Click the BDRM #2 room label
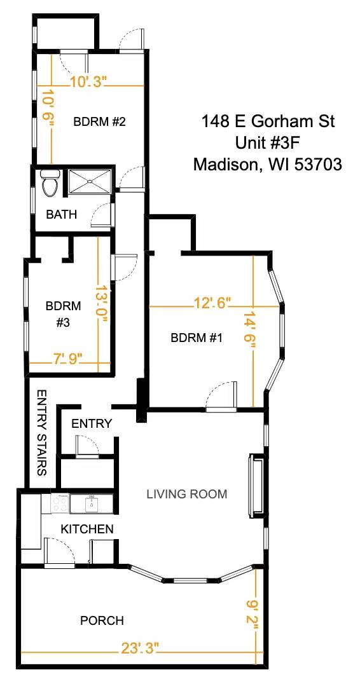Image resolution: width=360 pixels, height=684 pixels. point(98,121)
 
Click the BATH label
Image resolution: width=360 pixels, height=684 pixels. point(62,215)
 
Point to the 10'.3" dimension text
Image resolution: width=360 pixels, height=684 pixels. point(88,82)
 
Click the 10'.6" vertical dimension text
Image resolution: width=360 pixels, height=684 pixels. point(48,110)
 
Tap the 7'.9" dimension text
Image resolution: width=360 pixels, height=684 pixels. point(68,360)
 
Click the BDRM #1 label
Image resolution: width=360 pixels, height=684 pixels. point(197,338)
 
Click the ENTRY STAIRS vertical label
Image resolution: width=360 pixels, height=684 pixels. point(41,433)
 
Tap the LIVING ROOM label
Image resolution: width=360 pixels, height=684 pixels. point(187,494)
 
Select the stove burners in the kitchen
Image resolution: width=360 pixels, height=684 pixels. point(60,503)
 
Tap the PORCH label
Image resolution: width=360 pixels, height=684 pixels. point(102,620)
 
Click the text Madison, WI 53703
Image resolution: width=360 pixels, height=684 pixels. point(268,165)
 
